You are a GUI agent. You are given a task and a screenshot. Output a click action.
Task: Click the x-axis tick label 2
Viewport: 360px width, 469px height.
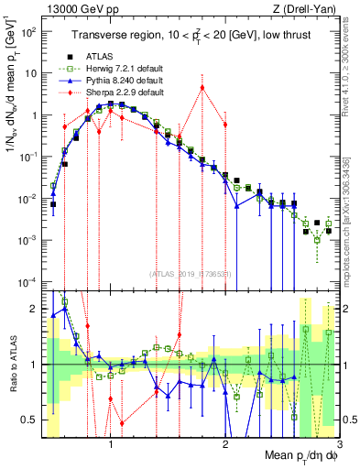[225, 447]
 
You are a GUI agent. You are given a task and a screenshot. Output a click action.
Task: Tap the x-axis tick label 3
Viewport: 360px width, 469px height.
[339, 447]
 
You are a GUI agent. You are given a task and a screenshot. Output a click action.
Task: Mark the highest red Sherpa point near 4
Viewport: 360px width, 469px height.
[202, 88]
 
